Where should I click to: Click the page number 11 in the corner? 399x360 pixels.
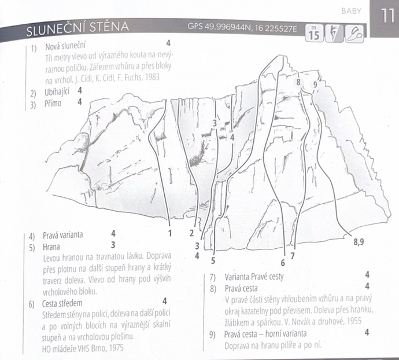tap(387, 16)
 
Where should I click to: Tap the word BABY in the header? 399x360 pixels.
tap(351, 11)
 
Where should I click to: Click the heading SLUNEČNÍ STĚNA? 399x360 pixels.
tap(77, 28)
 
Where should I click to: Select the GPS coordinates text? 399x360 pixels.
tap(242, 28)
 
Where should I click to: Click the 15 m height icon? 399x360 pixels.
tap(314, 33)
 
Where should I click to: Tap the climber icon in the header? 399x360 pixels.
tap(334, 34)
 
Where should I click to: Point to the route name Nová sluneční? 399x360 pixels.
tap(65, 46)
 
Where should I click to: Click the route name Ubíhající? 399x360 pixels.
tap(57, 92)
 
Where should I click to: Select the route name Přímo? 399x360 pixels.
tap(53, 104)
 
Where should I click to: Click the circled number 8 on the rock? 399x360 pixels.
tap(298, 82)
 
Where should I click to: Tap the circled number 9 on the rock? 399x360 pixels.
tap(315, 84)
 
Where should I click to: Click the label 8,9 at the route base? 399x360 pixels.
tap(359, 241)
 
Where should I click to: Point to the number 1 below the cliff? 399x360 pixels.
tap(170, 233)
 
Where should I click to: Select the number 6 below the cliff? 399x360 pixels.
tap(283, 263)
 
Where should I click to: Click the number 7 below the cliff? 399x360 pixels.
tap(293, 256)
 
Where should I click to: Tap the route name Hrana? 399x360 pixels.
tap(51, 247)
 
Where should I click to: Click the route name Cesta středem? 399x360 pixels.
tap(62, 303)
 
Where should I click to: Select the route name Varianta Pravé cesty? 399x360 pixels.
tap(254, 277)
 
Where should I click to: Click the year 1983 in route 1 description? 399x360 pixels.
tap(152, 77)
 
